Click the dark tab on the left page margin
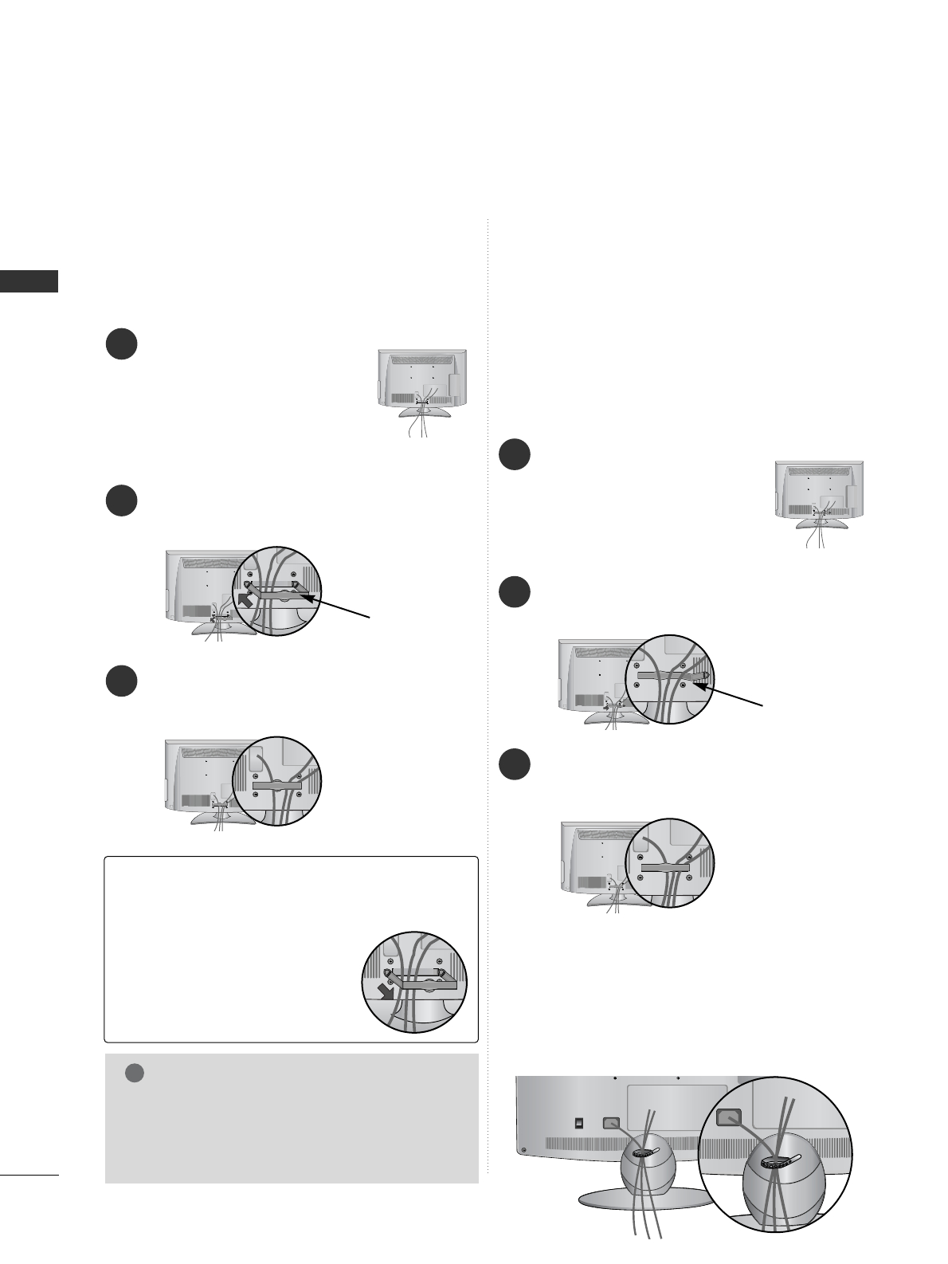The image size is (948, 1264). tap(29, 281)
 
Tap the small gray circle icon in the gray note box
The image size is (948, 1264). tap(135, 1073)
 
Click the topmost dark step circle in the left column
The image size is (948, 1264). tap(121, 344)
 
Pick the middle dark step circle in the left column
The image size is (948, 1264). tap(121, 500)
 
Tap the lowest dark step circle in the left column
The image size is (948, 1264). tap(121, 681)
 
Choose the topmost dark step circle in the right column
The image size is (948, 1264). tap(515, 454)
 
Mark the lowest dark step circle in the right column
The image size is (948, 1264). tap(515, 764)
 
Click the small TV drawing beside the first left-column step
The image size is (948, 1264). tap(421, 386)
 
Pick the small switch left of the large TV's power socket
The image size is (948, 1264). tap(579, 1122)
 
